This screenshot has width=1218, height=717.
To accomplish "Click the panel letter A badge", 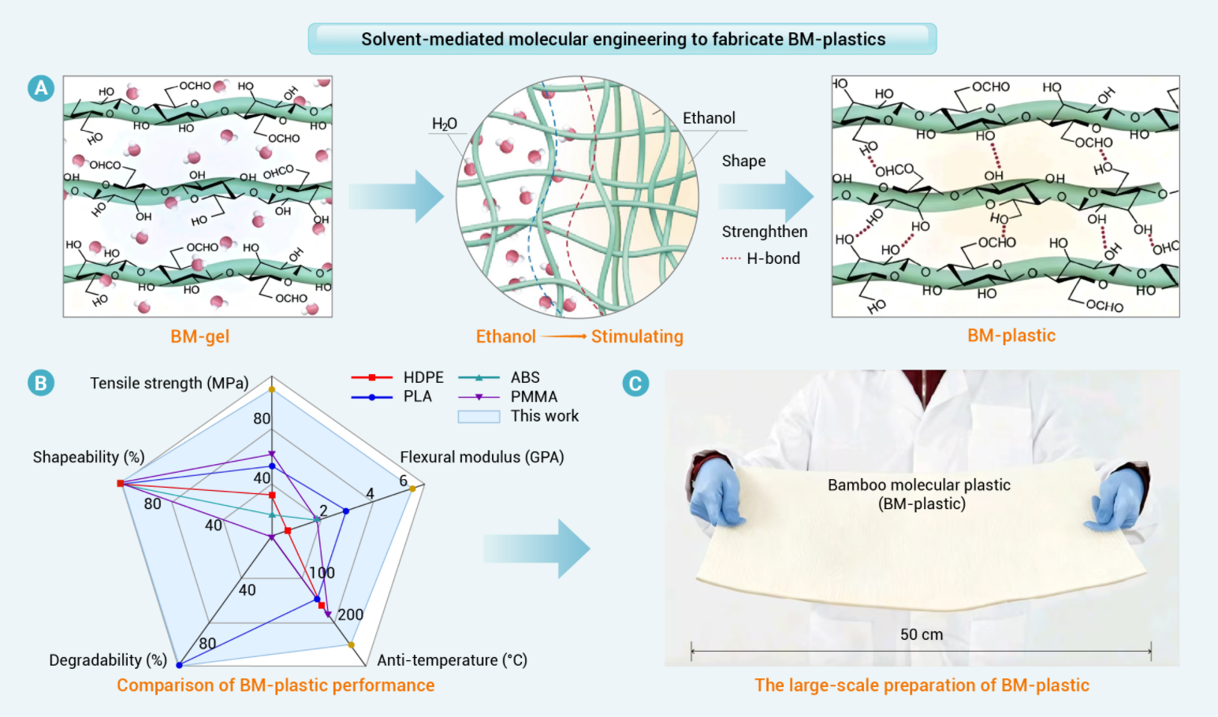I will pyautogui.click(x=41, y=87).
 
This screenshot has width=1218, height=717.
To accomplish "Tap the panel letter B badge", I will pyautogui.click(x=41, y=383).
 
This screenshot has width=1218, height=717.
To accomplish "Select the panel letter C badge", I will pyautogui.click(x=635, y=383).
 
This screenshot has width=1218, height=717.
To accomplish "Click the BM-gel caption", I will pyautogui.click(x=199, y=336).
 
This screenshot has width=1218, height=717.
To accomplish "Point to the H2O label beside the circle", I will pyautogui.click(x=444, y=124).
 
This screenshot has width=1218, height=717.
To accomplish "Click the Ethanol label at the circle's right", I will pyautogui.click(x=709, y=118).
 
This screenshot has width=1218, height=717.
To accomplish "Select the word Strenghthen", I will pyautogui.click(x=764, y=232).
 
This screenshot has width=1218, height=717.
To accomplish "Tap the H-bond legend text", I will pyautogui.click(x=773, y=258).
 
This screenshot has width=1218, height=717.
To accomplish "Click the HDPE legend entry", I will pyautogui.click(x=423, y=377).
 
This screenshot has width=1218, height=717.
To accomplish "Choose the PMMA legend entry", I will pyautogui.click(x=534, y=396).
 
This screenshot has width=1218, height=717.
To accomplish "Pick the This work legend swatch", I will pyautogui.click(x=479, y=416).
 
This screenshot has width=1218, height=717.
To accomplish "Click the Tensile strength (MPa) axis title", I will pyautogui.click(x=169, y=383).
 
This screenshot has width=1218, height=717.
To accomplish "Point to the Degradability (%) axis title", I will pyautogui.click(x=108, y=659).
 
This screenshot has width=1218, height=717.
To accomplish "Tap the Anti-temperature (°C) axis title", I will pyautogui.click(x=452, y=659).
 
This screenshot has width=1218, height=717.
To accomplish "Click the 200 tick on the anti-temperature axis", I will pyautogui.click(x=350, y=615).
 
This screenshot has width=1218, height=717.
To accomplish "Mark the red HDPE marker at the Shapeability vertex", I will pyautogui.click(x=121, y=483).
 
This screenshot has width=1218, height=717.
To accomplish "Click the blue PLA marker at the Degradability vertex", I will pyautogui.click(x=180, y=665).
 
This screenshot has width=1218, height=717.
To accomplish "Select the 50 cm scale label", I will pyautogui.click(x=922, y=634).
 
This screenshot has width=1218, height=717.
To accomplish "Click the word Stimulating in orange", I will pyautogui.click(x=637, y=336).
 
